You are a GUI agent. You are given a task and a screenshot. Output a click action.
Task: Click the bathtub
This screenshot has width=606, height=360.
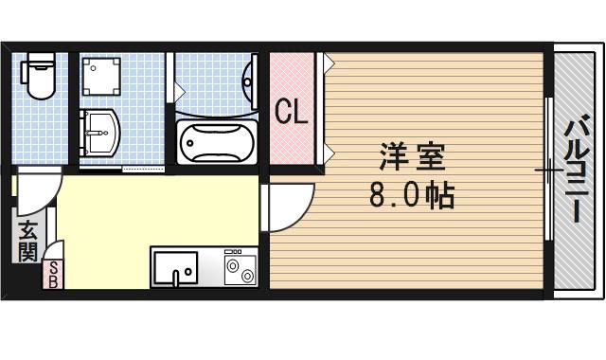(x=216, y=143)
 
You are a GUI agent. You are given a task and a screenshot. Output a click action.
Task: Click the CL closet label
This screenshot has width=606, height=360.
(x=291, y=111)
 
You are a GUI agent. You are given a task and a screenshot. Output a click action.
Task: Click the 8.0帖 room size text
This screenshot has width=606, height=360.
(x=412, y=196)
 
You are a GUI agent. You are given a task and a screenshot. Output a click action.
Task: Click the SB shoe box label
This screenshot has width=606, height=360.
(x=53, y=275)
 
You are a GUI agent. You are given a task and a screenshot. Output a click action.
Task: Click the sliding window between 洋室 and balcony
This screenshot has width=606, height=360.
(x=548, y=171)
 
